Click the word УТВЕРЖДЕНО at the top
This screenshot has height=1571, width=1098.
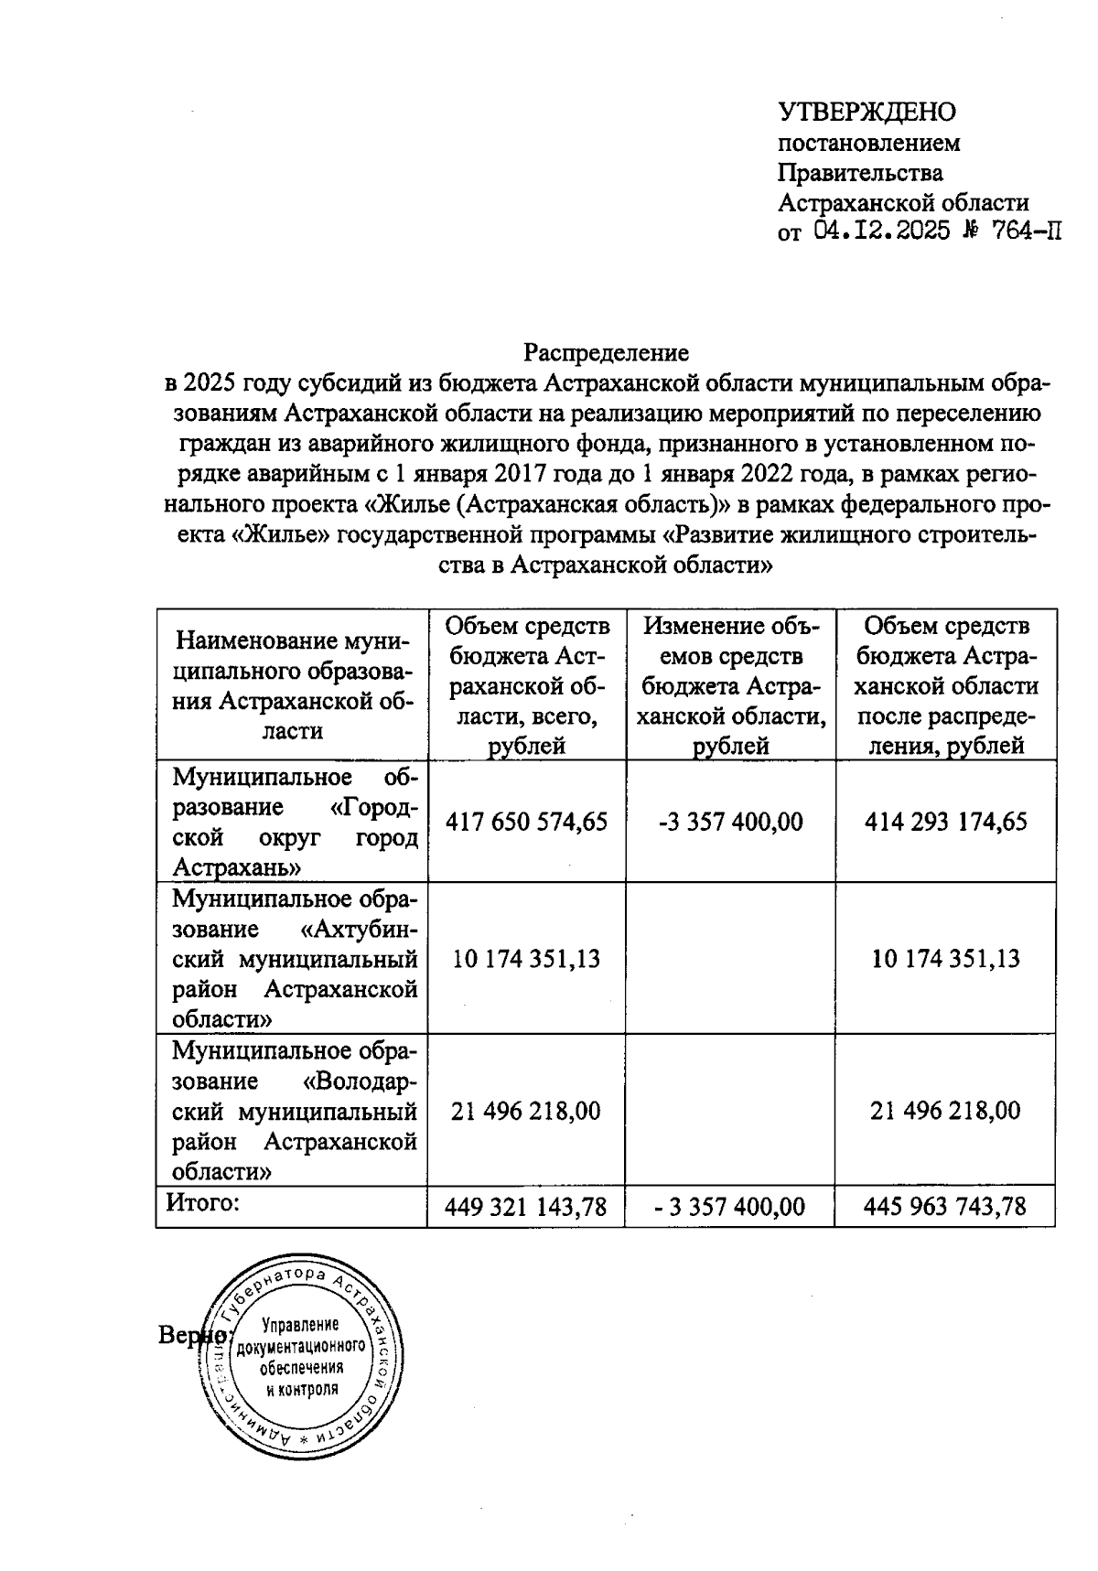tap(866, 112)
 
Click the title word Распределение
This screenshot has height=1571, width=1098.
tap(606, 351)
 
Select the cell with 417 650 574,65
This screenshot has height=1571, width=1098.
tap(526, 821)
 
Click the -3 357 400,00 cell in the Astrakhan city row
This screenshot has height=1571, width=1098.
tap(730, 821)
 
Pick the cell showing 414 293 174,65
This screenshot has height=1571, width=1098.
tap(945, 821)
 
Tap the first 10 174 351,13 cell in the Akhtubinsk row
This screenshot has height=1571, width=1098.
tap(526, 958)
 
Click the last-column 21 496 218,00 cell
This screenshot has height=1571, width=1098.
tap(945, 1111)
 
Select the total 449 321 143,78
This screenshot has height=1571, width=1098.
tap(526, 1207)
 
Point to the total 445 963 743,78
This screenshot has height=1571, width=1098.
tap(945, 1207)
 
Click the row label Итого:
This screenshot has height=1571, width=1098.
tap(202, 1202)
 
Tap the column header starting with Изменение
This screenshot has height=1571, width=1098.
tap(730, 684)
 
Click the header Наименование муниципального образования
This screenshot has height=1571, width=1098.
tap(293, 684)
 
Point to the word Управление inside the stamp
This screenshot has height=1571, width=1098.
tap(300, 1325)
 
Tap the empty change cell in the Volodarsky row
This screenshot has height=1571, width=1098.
tap(730, 1111)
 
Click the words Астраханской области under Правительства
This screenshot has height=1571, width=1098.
tap(902, 202)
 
